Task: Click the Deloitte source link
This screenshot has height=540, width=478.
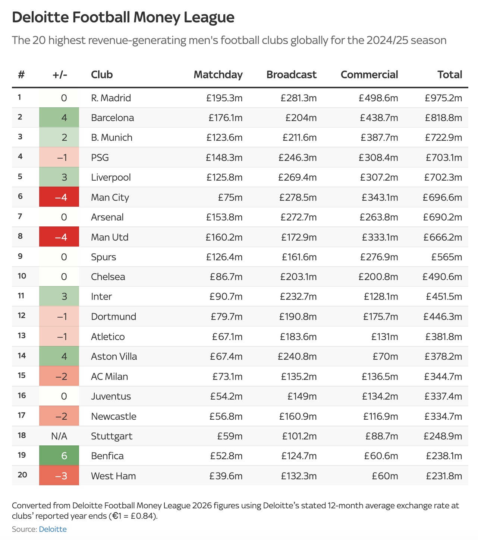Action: pos(53,529)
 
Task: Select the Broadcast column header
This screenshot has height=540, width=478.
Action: pos(291,74)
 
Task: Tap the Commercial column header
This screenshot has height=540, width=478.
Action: pos(369,74)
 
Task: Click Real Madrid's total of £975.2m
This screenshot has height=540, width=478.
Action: pos(443,98)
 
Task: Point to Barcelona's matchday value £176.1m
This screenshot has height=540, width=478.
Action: pos(225,118)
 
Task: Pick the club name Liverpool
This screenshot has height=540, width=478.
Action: pos(111,177)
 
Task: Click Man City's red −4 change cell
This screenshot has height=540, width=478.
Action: pos(59,197)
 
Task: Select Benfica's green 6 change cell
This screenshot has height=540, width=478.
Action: pos(59,456)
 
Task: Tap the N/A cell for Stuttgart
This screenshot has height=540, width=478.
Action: pos(59,436)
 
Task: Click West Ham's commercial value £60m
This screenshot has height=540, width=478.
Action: pos(385,476)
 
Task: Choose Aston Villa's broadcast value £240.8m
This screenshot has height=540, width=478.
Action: pos(297,356)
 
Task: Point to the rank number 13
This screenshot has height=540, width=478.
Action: pos(22,336)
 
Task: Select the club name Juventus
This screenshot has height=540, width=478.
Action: pos(111,396)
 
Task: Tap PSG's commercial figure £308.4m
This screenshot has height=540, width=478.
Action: pos(378,158)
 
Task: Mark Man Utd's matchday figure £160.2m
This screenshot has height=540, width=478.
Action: pos(224,237)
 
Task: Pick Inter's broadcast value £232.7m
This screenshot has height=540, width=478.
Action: pos(298,296)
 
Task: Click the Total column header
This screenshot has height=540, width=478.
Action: pos(450,74)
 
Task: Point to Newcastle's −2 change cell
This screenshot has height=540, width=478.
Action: pos(59,416)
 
